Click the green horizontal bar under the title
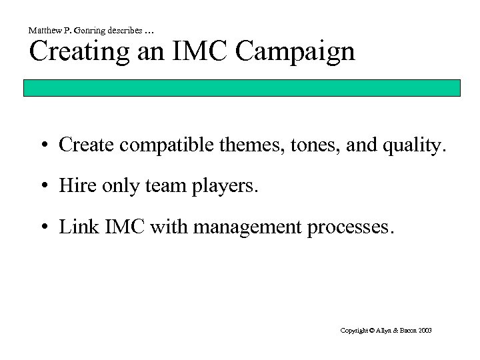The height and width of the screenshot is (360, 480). pos(242,88)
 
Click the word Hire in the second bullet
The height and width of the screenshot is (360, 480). pos(74,186)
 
